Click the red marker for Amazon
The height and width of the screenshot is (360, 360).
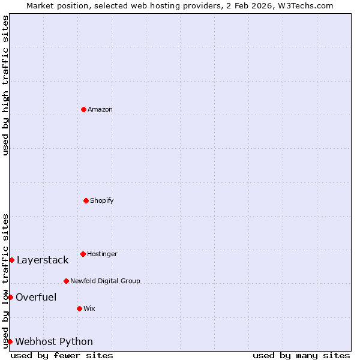point(83,109)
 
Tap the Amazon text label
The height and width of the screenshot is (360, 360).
point(100,109)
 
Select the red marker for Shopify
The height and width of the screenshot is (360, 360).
point(86,200)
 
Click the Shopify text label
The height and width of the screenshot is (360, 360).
point(102,200)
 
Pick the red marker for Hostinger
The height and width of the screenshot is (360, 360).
point(83,254)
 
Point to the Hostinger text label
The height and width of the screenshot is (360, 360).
point(103,254)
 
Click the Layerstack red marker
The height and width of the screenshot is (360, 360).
point(11,260)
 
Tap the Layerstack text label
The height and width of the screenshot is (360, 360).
point(43,260)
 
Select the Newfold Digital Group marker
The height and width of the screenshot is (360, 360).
point(66,281)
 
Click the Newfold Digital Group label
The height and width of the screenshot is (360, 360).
point(105,281)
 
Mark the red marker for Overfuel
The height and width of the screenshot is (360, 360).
point(10,297)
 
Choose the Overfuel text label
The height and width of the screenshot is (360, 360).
point(36,297)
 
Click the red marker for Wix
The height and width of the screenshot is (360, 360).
point(79,308)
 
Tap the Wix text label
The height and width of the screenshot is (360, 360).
point(89,308)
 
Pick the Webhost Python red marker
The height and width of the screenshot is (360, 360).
point(10,341)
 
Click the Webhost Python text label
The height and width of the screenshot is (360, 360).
point(54,341)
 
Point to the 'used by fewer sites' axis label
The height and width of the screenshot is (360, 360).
point(62,355)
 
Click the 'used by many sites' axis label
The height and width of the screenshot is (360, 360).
point(301,355)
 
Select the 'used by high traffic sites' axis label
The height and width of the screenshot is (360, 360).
point(5,85)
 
